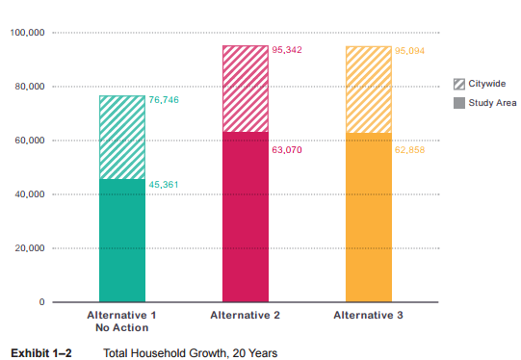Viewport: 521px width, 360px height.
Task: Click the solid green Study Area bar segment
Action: (122, 241)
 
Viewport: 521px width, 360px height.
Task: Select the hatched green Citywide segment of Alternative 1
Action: (122, 137)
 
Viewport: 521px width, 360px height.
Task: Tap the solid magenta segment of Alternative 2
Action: (246, 217)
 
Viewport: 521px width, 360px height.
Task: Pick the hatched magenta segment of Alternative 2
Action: (246, 89)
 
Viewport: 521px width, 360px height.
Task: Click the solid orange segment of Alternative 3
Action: (369, 218)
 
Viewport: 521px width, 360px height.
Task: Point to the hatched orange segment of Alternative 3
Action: (369, 90)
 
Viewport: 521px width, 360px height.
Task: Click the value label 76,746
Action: (164, 100)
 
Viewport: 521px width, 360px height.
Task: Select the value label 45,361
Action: (164, 184)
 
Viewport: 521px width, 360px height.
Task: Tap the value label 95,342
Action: (287, 50)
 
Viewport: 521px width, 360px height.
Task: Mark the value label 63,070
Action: (287, 150)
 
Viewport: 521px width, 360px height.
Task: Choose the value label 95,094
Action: (410, 50)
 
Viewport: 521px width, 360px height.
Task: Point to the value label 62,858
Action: (410, 150)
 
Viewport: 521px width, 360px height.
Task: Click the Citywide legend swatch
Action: (460, 86)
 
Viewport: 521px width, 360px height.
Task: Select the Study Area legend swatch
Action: (460, 102)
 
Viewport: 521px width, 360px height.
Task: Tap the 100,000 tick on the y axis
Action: (28, 34)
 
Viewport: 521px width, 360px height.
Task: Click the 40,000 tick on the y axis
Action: (31, 195)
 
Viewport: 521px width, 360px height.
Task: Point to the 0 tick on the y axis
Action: (42, 302)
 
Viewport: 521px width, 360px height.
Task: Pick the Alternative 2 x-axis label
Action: (246, 316)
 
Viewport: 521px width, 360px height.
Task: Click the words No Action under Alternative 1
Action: (122, 328)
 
